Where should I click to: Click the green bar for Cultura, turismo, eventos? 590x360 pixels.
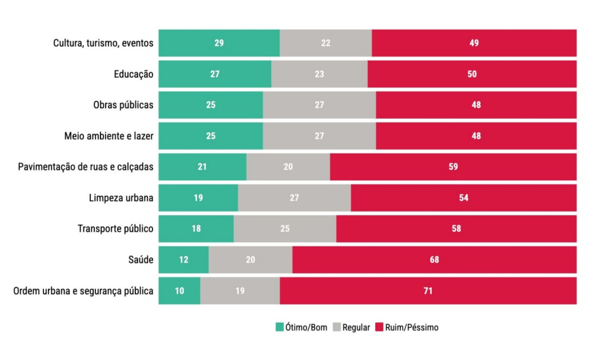219,43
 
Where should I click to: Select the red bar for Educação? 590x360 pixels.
472,74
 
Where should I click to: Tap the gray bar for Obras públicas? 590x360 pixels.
319,105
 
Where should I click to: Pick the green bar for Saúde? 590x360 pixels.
183,260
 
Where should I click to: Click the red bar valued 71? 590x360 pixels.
428,291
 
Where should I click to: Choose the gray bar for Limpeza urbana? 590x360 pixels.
294,198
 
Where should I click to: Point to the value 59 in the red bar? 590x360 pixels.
453,167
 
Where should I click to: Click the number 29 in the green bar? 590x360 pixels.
219,43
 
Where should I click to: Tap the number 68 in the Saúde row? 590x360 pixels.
434,260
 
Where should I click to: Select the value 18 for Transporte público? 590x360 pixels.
196,229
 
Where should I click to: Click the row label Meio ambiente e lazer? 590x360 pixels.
108,136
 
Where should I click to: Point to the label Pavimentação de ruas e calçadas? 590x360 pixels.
85,167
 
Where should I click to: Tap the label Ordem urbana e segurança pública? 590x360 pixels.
83,291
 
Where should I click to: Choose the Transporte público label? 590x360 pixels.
115,229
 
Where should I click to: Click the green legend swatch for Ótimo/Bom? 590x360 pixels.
279,327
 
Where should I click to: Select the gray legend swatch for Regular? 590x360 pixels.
337,327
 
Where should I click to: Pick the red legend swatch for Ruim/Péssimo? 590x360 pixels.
379,327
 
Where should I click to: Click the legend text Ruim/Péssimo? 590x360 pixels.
412,327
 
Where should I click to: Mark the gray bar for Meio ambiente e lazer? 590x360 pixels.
319,136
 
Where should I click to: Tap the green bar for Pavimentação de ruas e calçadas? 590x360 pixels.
202,167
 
